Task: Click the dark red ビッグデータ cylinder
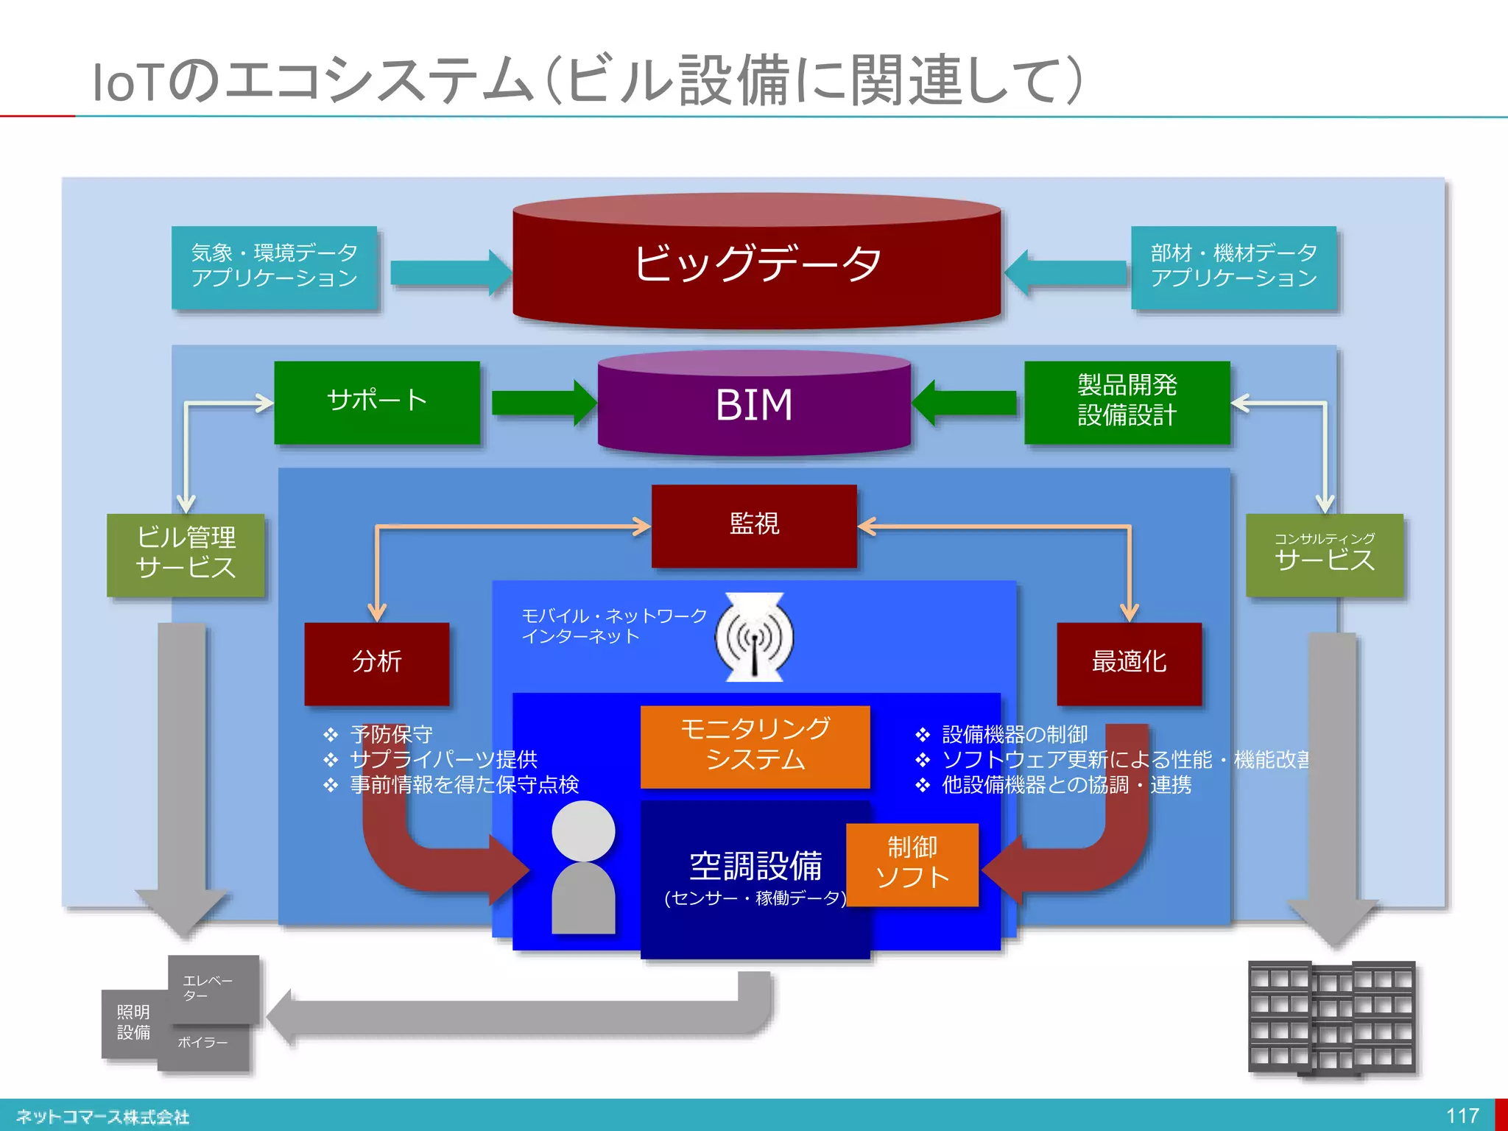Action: point(756,265)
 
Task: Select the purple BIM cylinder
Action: point(754,405)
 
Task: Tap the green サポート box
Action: point(377,401)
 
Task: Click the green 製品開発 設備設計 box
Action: point(1127,401)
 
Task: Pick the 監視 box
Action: point(754,525)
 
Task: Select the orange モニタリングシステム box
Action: point(755,745)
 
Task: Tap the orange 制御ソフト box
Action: point(912,864)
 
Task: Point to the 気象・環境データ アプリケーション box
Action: point(274,267)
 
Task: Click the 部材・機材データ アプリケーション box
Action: point(1233,267)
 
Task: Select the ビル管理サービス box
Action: point(186,554)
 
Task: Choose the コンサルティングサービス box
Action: point(1324,554)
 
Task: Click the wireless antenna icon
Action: point(754,637)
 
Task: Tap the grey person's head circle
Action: point(583,830)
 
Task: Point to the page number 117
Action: point(1462,1116)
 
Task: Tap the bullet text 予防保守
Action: point(391,734)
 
